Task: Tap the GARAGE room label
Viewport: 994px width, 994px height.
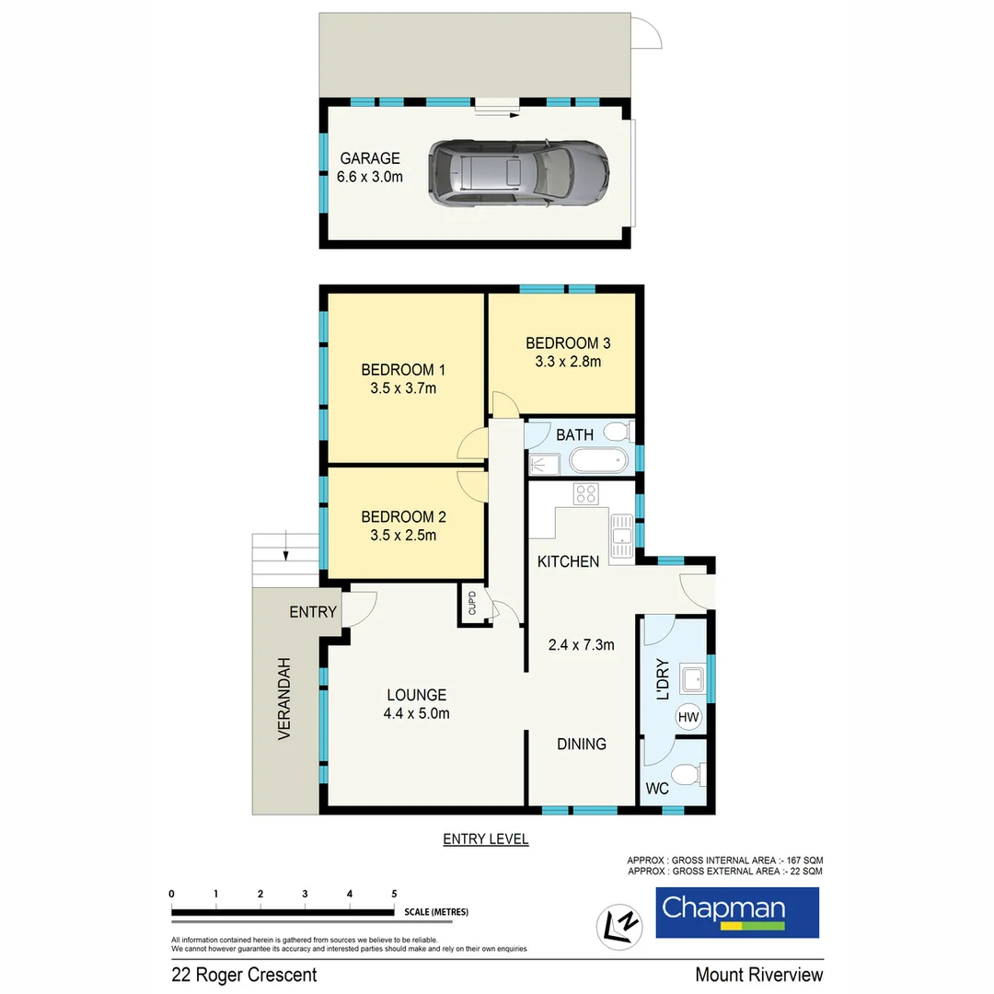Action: click(x=370, y=158)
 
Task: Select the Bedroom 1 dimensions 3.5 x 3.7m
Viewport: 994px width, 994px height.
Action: click(x=402, y=388)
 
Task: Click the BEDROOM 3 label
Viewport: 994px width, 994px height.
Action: click(x=568, y=343)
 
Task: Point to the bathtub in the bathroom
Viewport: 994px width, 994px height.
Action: click(x=598, y=460)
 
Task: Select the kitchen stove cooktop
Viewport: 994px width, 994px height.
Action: click(x=586, y=494)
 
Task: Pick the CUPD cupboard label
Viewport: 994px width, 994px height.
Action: click(x=472, y=604)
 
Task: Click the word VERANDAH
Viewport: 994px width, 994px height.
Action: click(x=284, y=699)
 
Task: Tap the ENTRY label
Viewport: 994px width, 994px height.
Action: click(x=314, y=612)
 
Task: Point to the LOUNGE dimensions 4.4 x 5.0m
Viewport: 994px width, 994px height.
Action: click(x=416, y=713)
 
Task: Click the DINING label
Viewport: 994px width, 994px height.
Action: click(x=581, y=744)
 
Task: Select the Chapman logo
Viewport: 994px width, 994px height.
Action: click(x=736, y=912)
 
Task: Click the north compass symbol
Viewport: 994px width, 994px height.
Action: click(x=618, y=921)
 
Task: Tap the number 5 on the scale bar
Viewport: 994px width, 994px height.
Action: click(x=394, y=894)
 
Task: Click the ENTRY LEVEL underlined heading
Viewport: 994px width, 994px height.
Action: click(x=485, y=839)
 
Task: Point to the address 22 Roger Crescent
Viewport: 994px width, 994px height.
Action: click(x=244, y=975)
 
